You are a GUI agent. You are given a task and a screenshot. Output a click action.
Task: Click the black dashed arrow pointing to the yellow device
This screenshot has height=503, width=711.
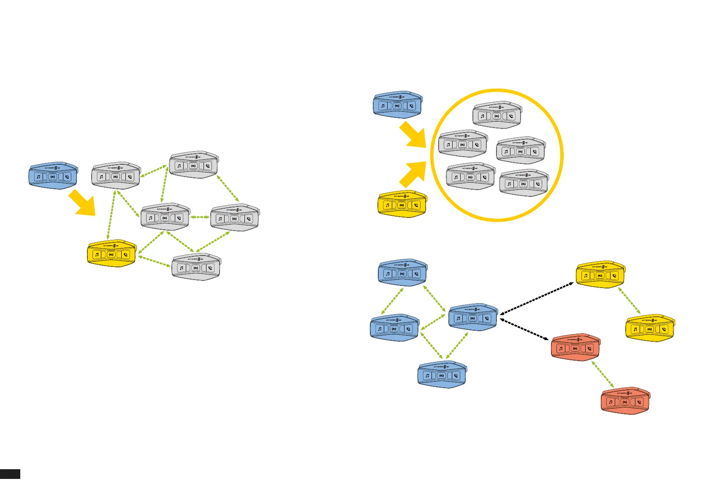pos(537,298)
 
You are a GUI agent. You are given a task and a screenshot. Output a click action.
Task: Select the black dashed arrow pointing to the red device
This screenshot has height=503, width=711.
pos(524,329)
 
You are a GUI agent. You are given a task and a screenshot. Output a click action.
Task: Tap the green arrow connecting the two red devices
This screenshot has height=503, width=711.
pos(602,374)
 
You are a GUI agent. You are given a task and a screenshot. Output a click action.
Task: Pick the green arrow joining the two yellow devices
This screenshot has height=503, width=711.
pos(630,301)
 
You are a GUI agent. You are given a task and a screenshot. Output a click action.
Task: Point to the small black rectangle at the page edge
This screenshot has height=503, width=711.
pos(10,474)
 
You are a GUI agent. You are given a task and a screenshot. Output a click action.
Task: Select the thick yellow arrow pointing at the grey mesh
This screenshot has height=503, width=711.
pos(82,203)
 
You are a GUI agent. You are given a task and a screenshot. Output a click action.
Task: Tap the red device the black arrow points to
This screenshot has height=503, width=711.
pos(575,347)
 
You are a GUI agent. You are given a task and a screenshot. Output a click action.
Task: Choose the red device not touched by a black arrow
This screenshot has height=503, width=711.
pos(625,401)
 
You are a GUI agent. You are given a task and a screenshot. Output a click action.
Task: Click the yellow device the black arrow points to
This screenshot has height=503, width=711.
pos(600,275)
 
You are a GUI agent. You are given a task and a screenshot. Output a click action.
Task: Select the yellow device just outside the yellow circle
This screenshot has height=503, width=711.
pos(402,204)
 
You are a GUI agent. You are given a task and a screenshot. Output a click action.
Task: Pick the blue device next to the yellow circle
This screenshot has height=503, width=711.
pos(397,104)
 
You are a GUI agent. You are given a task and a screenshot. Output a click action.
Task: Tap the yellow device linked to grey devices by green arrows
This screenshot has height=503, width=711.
pos(111,253)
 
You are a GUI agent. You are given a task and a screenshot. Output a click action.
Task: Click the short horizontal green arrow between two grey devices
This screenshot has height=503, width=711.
pos(200,217)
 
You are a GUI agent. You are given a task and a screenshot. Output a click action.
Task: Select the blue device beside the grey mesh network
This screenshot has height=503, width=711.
pos(53,175)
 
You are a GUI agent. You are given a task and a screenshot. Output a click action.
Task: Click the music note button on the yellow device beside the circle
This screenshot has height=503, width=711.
pos(388,205)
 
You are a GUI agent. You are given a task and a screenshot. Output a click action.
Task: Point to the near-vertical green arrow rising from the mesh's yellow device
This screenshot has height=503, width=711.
pos(111,215)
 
